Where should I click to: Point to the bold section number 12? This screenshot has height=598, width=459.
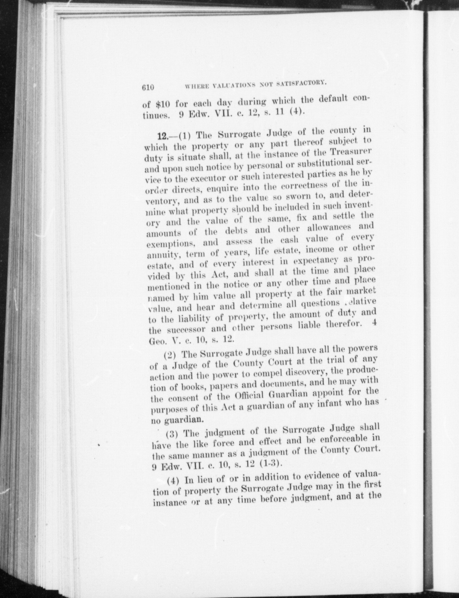[163, 137]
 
